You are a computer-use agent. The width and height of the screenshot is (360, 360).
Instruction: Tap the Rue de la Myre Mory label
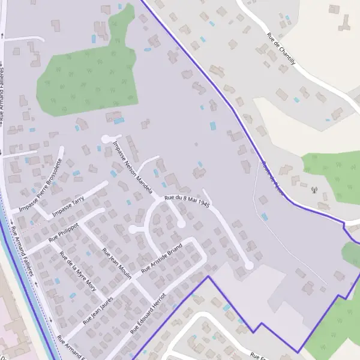[77, 271]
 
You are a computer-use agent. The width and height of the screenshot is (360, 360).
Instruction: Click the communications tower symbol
[313, 191]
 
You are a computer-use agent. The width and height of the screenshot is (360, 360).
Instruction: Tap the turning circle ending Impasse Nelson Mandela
[106, 139]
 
